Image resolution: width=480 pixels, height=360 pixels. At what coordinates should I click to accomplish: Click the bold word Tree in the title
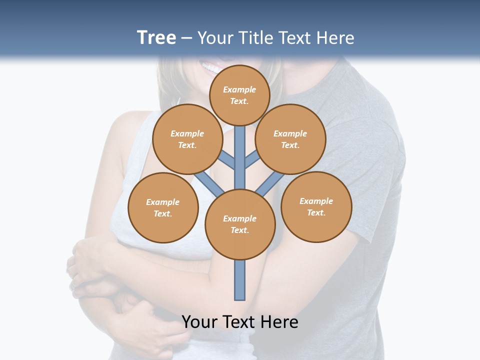[156, 37]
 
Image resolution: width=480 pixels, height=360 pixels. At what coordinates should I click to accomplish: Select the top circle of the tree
[239, 95]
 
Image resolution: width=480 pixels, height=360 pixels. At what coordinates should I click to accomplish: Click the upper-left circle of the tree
[187, 139]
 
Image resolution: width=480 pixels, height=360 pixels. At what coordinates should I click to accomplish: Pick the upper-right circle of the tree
[290, 139]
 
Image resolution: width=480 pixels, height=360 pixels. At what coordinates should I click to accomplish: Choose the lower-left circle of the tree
[163, 207]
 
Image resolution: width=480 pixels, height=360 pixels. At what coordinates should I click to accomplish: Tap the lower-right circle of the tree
[316, 206]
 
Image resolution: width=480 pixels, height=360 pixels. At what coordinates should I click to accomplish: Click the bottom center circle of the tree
[240, 224]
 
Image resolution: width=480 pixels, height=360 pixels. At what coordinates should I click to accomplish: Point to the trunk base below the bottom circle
[240, 280]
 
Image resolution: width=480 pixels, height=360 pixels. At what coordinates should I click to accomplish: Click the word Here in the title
[336, 38]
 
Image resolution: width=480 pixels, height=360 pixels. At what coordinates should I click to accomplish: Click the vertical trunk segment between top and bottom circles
[240, 160]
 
